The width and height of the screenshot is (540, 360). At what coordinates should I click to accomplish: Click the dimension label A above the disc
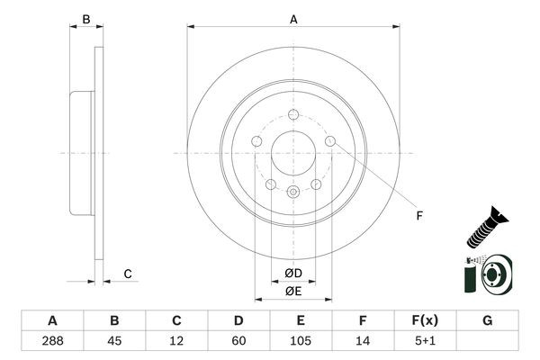click(293, 18)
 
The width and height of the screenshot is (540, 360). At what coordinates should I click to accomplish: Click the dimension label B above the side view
click(86, 18)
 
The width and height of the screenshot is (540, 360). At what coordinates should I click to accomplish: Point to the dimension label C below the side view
click(128, 274)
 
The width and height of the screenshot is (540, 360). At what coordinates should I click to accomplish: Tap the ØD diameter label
click(293, 274)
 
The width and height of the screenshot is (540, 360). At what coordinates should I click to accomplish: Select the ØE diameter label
click(293, 291)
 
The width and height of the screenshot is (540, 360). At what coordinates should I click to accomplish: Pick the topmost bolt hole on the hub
click(293, 114)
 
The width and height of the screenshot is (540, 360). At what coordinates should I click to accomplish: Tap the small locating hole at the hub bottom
click(293, 191)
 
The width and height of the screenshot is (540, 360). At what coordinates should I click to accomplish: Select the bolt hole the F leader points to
click(330, 140)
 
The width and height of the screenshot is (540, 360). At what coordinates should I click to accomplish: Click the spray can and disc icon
click(487, 274)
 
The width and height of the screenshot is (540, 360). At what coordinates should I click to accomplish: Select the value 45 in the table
click(114, 341)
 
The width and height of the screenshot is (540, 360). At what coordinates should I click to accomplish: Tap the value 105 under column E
click(301, 341)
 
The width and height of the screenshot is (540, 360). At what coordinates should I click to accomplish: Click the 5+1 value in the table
click(425, 341)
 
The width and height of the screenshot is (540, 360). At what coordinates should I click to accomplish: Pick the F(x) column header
click(425, 320)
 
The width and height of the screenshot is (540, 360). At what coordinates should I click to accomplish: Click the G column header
click(487, 320)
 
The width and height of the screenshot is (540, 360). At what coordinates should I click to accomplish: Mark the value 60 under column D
click(238, 341)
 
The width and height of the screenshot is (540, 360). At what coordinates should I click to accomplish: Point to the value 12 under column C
click(176, 341)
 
